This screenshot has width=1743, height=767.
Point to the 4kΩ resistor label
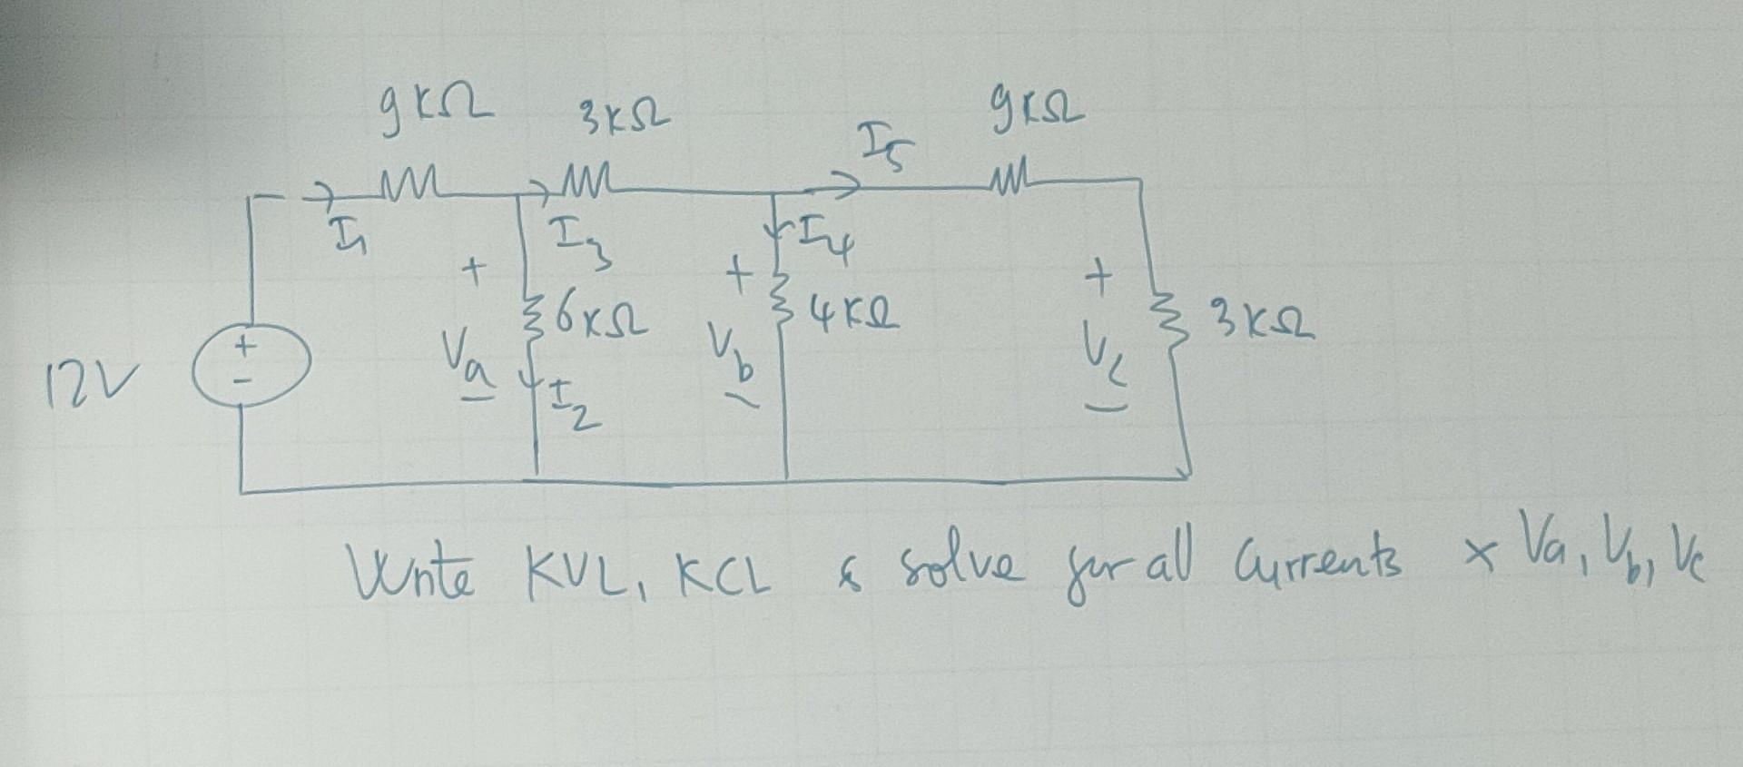pos(846,317)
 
